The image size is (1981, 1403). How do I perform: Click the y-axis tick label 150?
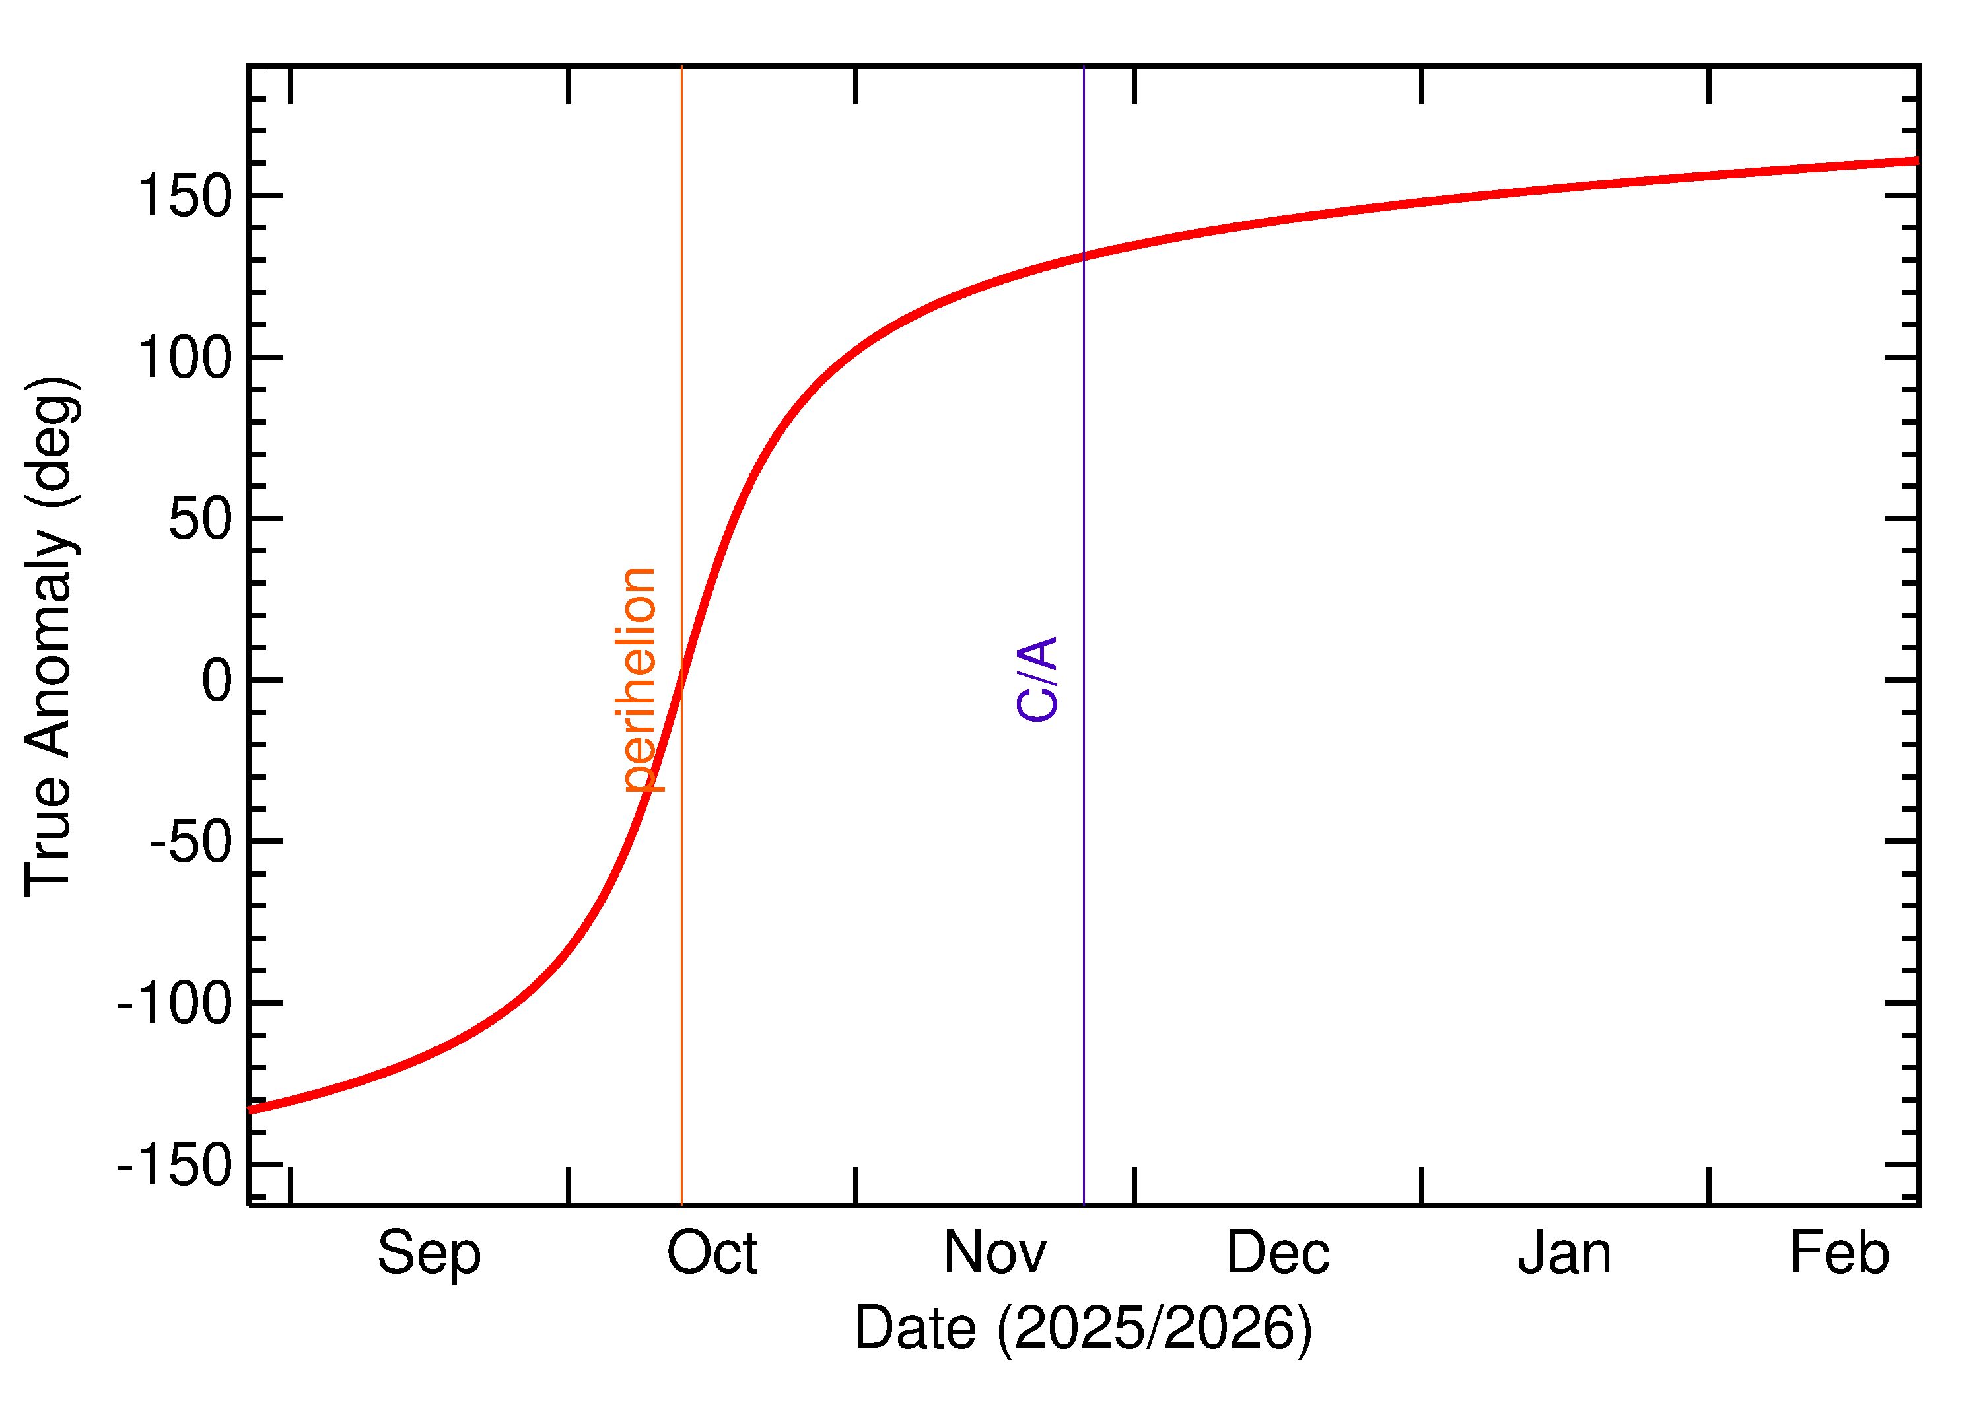pos(185,196)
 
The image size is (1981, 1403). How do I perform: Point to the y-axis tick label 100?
pos(185,358)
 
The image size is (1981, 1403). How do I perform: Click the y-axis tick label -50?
pos(191,842)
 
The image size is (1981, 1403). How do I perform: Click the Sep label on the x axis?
pos(429,1254)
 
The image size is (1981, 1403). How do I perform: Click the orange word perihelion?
pos(640,680)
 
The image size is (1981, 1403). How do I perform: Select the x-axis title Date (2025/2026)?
pos(1082,1328)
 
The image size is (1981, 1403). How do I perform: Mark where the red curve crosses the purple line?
pos(1084,256)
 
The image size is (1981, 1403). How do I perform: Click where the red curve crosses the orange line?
pos(681,679)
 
